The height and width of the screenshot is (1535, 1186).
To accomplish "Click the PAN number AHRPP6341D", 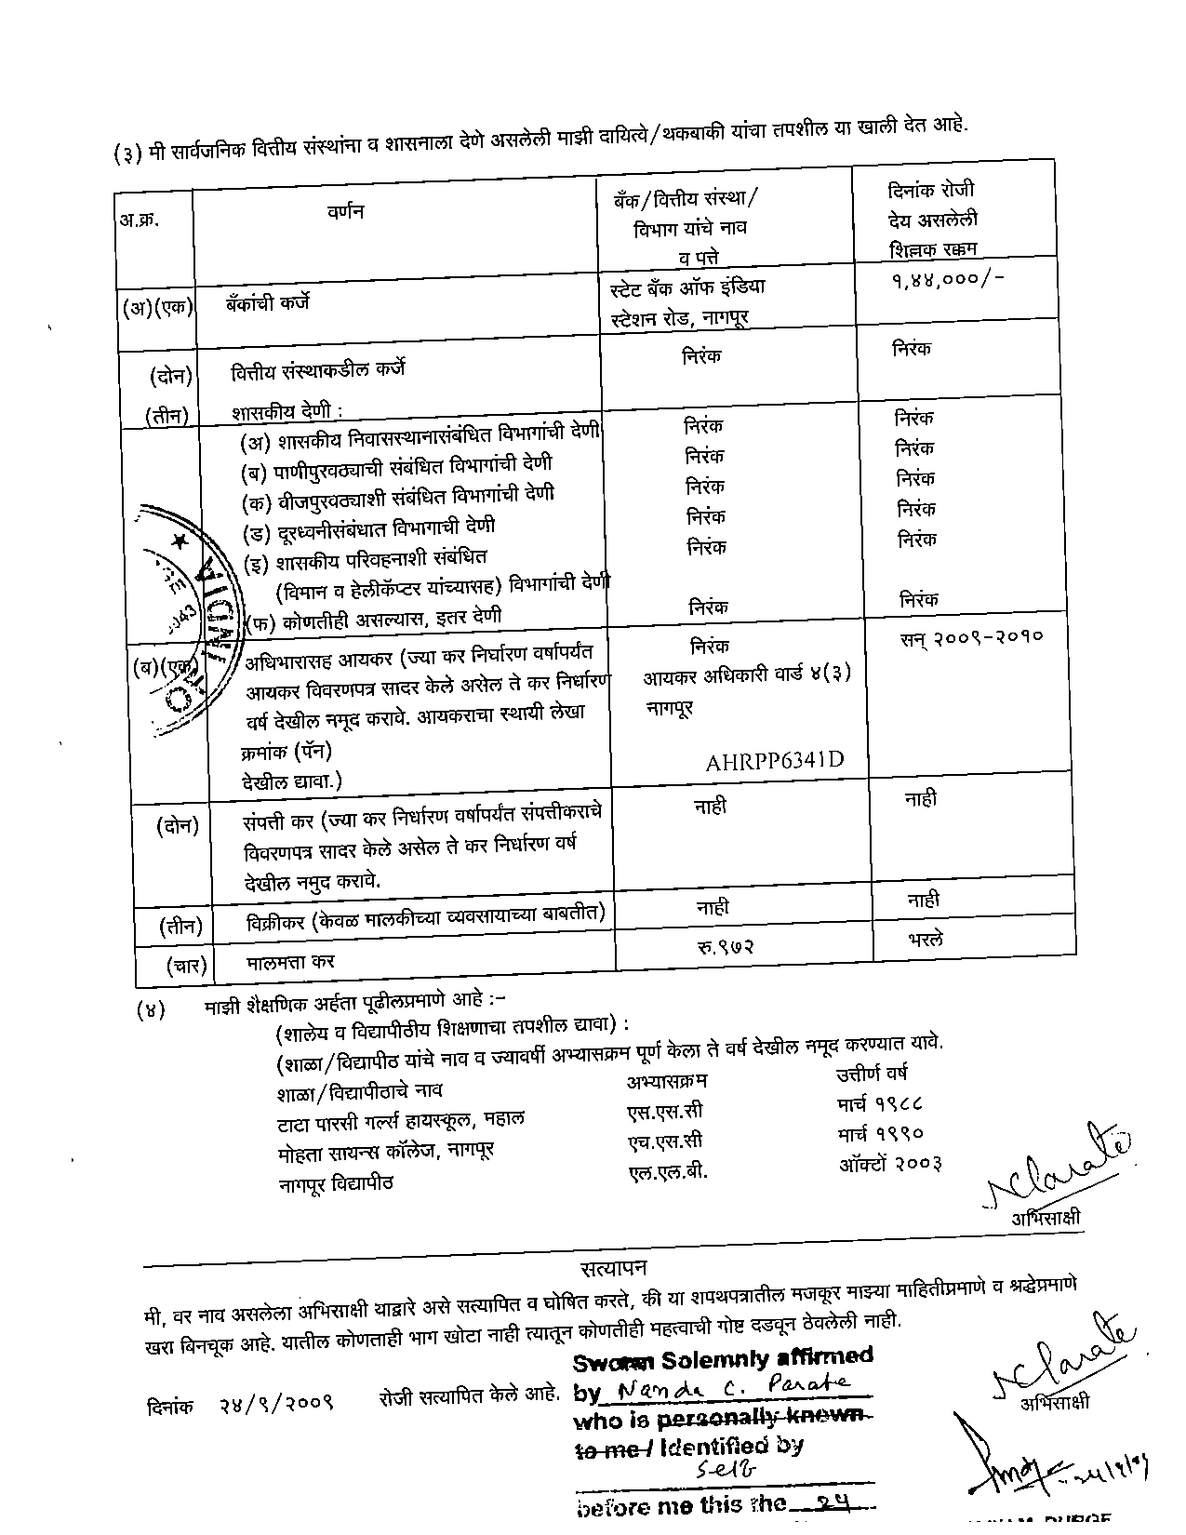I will click(774, 762).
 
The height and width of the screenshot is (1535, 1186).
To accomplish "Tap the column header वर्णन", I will click(345, 212).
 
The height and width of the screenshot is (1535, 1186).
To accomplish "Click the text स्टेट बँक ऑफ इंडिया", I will click(687, 287).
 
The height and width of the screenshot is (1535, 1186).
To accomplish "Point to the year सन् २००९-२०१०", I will click(971, 637).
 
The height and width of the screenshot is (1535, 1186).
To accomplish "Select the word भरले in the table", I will click(926, 940).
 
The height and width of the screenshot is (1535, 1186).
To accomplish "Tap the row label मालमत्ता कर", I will click(290, 961).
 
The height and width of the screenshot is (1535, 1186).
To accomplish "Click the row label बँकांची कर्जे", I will click(267, 302).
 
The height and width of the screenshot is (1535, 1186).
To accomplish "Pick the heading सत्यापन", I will click(613, 1268).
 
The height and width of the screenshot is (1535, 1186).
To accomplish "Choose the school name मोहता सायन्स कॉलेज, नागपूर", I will click(385, 1151).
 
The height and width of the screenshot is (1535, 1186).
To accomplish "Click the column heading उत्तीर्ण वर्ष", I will click(872, 1074).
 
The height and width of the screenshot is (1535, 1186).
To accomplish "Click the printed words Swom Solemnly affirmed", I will click(723, 1358).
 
